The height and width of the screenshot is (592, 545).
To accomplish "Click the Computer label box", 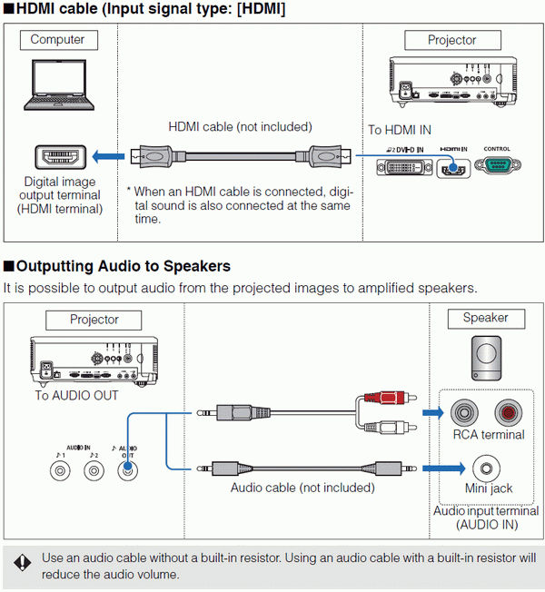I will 58,40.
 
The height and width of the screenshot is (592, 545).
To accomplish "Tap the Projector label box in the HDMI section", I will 452,40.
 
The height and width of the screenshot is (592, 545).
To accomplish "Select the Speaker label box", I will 485,318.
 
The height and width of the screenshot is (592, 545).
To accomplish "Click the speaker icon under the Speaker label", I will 486,357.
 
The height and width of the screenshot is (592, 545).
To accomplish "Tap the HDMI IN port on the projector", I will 451,167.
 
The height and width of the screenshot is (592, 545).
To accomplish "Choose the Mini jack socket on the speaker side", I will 484,469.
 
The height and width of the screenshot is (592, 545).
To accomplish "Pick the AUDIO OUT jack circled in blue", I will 128,469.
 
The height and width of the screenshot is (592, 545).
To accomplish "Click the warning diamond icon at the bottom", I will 22,564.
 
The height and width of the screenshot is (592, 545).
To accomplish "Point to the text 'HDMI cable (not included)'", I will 240,127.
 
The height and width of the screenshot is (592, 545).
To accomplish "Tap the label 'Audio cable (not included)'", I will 302,488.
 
